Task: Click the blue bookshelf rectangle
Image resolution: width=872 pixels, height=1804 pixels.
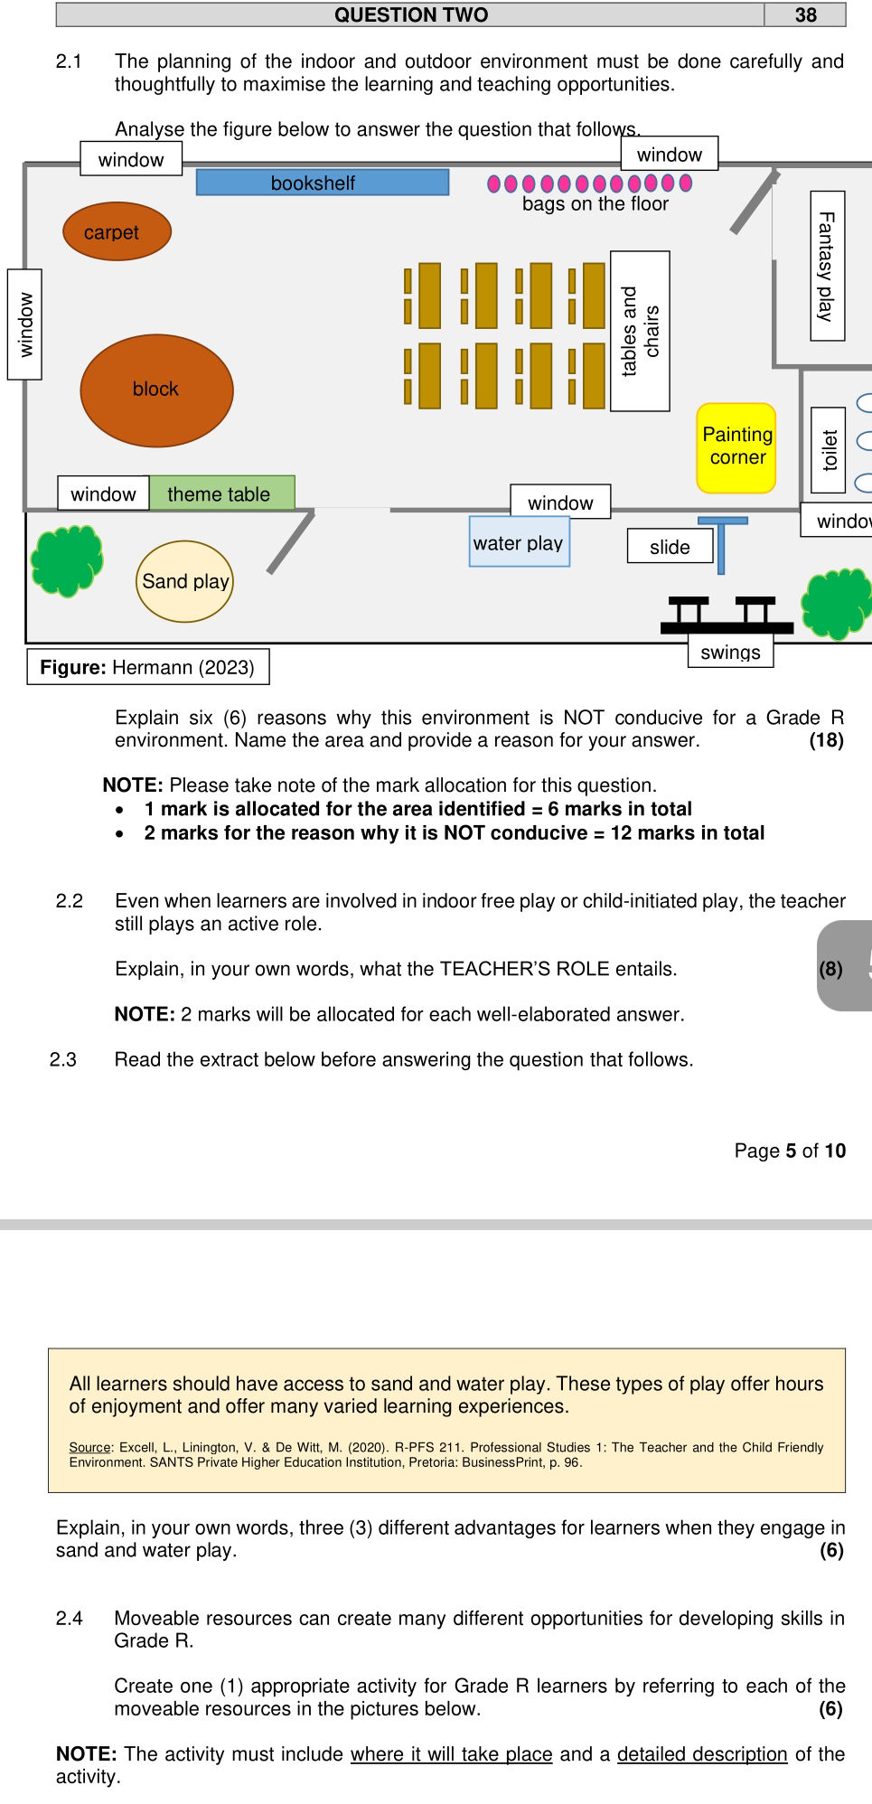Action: tap(323, 183)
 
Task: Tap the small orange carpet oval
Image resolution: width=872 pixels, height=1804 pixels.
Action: tap(117, 232)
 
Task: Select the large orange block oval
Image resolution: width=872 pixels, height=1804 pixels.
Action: tap(156, 390)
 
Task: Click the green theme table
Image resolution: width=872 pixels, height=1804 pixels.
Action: tap(221, 493)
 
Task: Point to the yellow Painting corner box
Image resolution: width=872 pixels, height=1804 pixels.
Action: tap(736, 447)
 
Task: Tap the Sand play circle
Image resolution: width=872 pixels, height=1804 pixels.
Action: tap(185, 581)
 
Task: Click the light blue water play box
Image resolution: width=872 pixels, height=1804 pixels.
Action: tap(519, 542)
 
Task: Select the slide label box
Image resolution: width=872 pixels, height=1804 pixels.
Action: tap(670, 547)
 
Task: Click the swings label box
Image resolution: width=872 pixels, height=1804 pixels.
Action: tap(730, 652)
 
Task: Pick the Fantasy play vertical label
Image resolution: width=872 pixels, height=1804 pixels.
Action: tap(827, 266)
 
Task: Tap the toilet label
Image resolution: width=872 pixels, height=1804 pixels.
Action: tap(829, 450)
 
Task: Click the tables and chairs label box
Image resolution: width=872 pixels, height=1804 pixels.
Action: tap(640, 331)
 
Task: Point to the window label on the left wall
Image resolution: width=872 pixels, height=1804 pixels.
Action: tap(25, 324)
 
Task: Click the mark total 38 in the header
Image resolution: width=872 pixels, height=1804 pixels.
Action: tap(805, 14)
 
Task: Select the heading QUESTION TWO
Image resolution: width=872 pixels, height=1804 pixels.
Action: tap(411, 14)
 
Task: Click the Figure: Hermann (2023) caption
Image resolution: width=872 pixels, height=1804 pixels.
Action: tap(147, 667)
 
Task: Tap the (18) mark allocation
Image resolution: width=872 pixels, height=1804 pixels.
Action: tap(826, 740)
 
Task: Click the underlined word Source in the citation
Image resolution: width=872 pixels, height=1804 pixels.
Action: tap(89, 1447)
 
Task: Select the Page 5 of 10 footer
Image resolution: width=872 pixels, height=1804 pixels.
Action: tap(789, 1151)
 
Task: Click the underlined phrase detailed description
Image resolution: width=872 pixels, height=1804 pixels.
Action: tap(702, 1753)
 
